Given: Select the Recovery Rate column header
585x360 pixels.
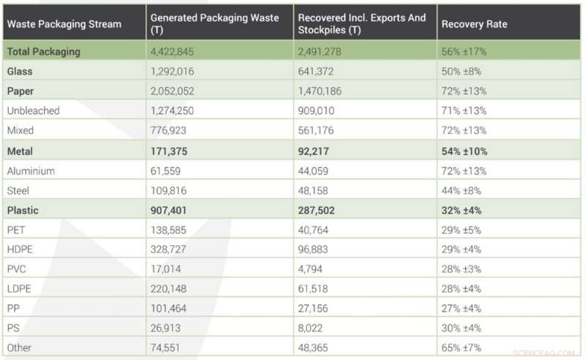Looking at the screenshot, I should pos(474,24).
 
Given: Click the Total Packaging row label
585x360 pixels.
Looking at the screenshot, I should pos(44,52).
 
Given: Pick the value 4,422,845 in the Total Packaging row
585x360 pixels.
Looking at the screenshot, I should pos(176,52).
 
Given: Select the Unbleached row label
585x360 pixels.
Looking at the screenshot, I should pos(34,111).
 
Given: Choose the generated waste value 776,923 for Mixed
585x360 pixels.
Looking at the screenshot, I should pos(171,131).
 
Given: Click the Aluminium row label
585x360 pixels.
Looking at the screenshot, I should pos(32,170).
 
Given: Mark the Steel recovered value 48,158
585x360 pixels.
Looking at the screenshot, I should pos(317,190).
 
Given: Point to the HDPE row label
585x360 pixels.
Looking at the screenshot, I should pos(21,250).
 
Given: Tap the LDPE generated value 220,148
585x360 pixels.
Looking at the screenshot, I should pos(171,289).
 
